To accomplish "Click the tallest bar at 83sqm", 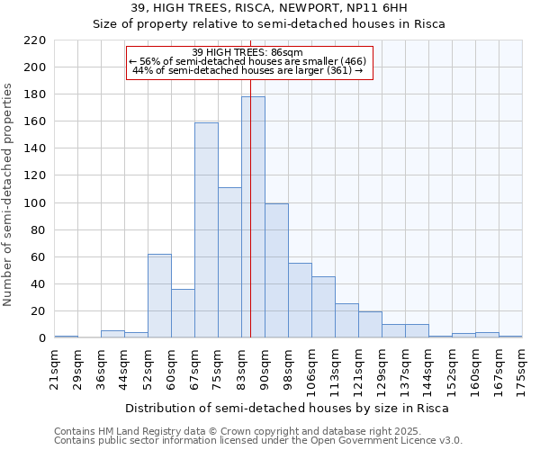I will pyautogui.click(x=253, y=217).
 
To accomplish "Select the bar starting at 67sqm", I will pyautogui.click(x=206, y=230).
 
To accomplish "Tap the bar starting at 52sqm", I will pyautogui.click(x=159, y=296).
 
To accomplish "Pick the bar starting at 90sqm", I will pyautogui.click(x=276, y=271).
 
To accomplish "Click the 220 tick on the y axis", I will pyautogui.click(x=35, y=40).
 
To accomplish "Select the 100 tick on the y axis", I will pyautogui.click(x=35, y=203).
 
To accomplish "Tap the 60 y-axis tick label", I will pyautogui.click(x=39, y=257).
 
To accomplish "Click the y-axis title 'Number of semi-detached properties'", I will pyautogui.click(x=10, y=194).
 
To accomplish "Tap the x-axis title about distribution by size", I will pyautogui.click(x=286, y=408).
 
